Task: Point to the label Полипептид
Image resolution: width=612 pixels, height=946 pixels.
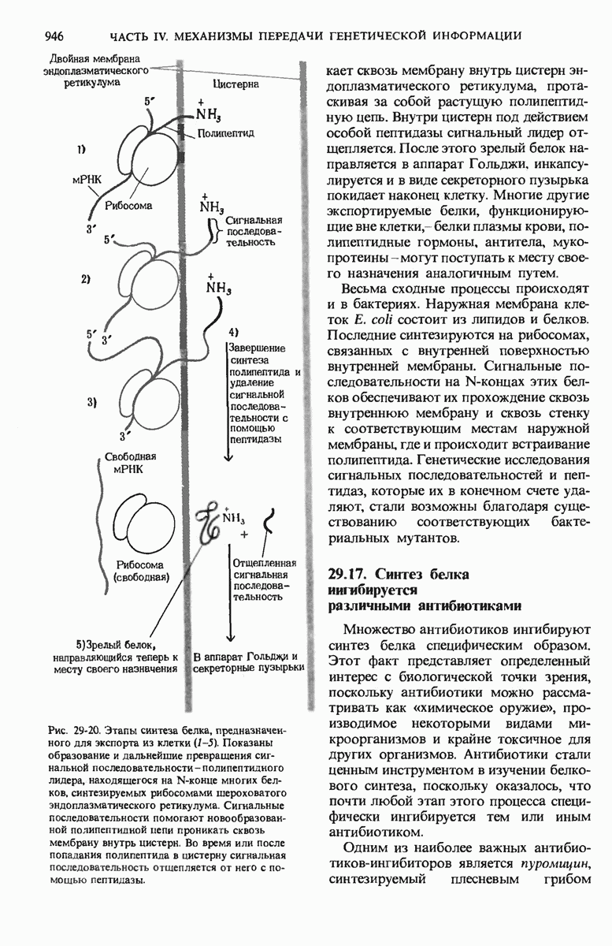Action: click(225, 134)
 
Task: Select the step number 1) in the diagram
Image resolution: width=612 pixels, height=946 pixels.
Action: click(83, 148)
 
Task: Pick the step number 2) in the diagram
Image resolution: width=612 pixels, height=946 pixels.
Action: click(86, 279)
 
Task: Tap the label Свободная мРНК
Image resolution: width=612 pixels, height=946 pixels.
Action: click(132, 462)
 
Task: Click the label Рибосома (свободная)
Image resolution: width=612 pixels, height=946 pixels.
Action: click(141, 571)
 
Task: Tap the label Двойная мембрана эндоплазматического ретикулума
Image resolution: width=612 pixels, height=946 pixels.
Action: click(96, 70)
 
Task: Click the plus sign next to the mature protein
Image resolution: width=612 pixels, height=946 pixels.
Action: click(243, 534)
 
